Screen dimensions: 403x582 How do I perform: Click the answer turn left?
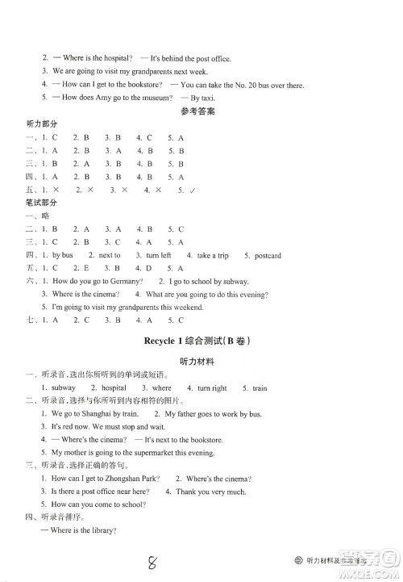159,255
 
